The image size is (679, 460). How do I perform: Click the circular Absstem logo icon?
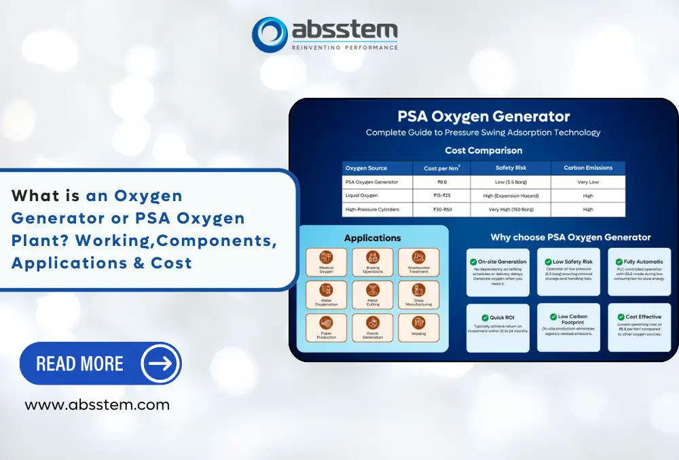click(x=270, y=34)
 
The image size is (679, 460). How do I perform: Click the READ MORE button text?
click(x=80, y=364)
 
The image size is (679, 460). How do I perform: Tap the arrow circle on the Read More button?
click(x=160, y=364)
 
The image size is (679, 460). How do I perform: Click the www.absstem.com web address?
click(x=97, y=405)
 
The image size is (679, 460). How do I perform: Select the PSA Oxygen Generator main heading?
click(x=483, y=116)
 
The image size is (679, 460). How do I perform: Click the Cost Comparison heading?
click(x=483, y=150)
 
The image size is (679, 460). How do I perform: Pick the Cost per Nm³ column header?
click(x=441, y=168)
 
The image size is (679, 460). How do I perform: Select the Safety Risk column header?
click(x=511, y=168)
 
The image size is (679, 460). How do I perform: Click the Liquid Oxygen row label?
click(x=361, y=196)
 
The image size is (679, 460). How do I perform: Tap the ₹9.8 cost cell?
click(x=441, y=182)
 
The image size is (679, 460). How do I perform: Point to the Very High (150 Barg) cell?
click(x=511, y=209)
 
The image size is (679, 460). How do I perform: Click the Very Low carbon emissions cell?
click(x=588, y=182)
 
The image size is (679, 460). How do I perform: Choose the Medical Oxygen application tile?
click(x=327, y=262)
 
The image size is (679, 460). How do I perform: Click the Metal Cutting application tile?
click(x=373, y=295)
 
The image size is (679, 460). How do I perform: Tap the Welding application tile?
click(x=419, y=328)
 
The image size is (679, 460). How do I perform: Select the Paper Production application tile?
click(x=327, y=328)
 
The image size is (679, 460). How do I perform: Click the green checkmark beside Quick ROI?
click(x=485, y=317)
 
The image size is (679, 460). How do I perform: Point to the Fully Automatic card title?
click(x=643, y=262)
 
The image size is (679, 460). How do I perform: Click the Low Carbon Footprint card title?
click(x=572, y=319)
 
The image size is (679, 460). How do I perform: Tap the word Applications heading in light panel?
click(x=373, y=238)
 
